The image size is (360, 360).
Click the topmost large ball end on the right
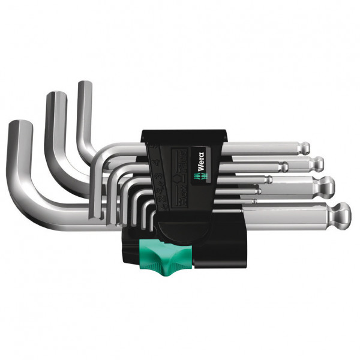point(305,148)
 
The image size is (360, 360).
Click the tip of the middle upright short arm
point(56,95)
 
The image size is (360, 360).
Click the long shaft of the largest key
point(282,214)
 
